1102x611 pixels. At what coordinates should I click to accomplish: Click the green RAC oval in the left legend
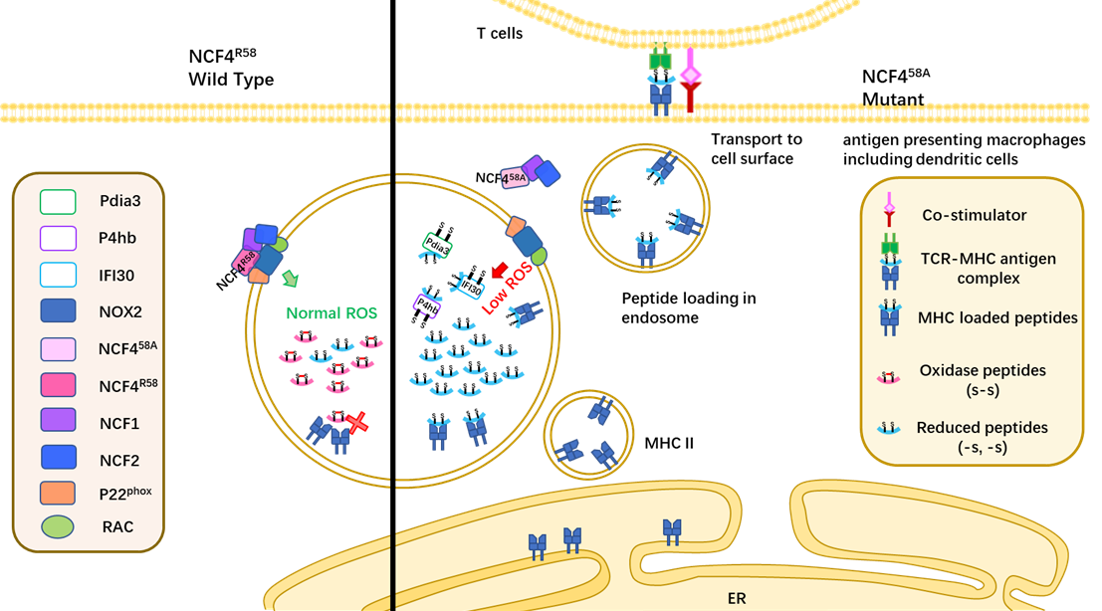click(x=57, y=526)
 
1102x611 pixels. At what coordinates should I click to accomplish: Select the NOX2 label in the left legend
click(x=119, y=311)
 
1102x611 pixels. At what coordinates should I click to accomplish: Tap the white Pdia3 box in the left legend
click(x=57, y=202)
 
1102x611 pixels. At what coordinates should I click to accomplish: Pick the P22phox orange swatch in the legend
click(x=57, y=492)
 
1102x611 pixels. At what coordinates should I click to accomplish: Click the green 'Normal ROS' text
click(x=332, y=313)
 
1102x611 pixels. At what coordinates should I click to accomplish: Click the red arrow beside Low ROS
click(x=499, y=269)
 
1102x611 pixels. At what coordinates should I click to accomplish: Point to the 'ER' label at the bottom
click(x=735, y=599)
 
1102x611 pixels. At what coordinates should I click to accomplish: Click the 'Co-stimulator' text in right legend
click(x=974, y=215)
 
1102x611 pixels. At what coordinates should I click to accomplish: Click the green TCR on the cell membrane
click(x=660, y=60)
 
